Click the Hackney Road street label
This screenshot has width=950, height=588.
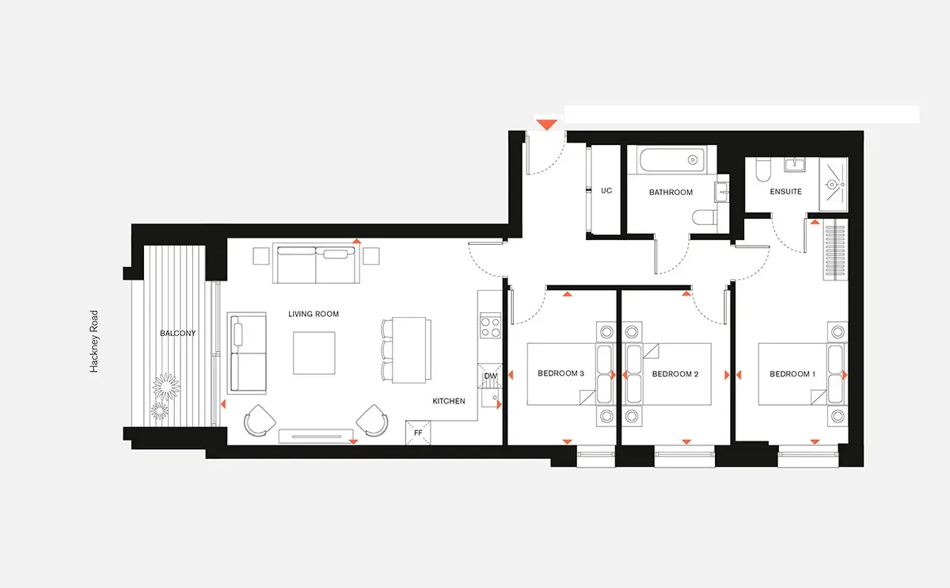pos(93,342)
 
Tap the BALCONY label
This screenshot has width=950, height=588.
pos(177,334)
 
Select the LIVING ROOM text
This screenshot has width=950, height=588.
pos(313,314)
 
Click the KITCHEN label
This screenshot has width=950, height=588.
pos(449,401)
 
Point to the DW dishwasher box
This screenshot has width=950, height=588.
pos(490,376)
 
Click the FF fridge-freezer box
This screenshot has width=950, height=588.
pos(418,433)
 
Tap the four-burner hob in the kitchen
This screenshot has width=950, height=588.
pos(490,326)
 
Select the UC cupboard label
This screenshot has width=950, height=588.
pos(606,191)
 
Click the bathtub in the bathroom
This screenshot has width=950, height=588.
pos(673,159)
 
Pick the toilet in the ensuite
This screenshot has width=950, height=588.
pos(763,170)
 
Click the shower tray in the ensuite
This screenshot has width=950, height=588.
pos(834,185)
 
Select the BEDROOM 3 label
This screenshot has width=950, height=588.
pos(560,373)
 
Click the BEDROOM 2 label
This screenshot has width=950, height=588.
pos(675,374)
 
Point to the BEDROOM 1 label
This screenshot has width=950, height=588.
pos(792,374)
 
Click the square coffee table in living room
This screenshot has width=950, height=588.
pos(313,353)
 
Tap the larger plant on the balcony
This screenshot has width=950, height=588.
pos(166,387)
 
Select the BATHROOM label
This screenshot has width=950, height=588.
pos(671,193)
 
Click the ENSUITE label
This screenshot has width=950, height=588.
pos(786,192)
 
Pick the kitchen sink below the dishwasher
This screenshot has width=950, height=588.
pos(491,399)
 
